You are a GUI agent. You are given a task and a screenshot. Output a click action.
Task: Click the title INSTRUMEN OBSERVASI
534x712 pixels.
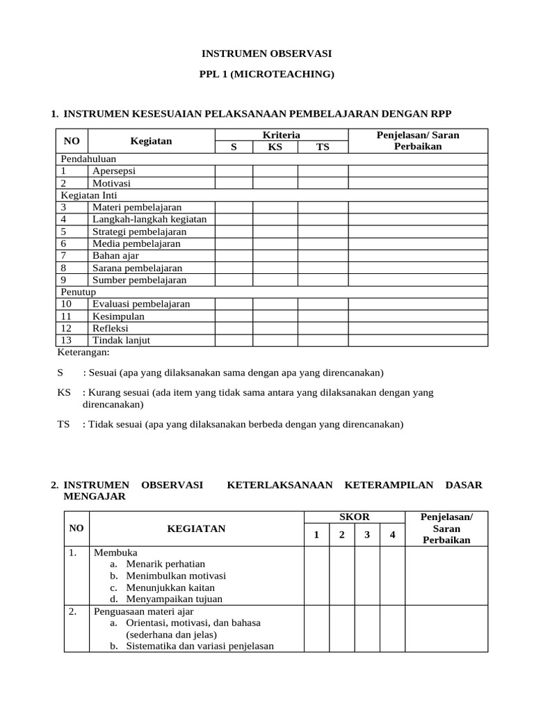[267, 53]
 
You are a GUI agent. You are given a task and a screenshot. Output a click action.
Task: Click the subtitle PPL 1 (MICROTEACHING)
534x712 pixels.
[267, 74]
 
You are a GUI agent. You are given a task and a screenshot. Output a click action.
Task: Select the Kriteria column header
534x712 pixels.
[281, 135]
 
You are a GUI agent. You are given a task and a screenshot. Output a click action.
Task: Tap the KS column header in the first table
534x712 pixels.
[275, 147]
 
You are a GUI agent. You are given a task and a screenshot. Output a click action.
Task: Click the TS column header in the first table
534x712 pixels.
[323, 147]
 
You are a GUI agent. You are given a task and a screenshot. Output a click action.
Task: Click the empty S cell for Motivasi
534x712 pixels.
[233, 183]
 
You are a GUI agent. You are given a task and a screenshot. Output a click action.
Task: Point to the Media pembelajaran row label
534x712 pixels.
[136, 243]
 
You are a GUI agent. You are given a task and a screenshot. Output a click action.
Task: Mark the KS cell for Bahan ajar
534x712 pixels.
[275, 255]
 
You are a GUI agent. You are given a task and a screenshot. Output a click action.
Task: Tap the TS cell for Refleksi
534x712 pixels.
[323, 328]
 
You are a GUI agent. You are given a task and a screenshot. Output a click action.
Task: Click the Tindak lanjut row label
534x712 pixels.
[121, 340]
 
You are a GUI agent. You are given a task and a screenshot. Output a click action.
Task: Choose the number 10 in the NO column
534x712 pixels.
[66, 304]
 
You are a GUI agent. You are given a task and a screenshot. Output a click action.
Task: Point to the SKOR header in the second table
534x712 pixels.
[354, 517]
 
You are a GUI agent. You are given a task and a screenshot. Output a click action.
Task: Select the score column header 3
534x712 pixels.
[367, 535]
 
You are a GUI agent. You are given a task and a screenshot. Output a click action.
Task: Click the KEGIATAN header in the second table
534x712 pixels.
[196, 528]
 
